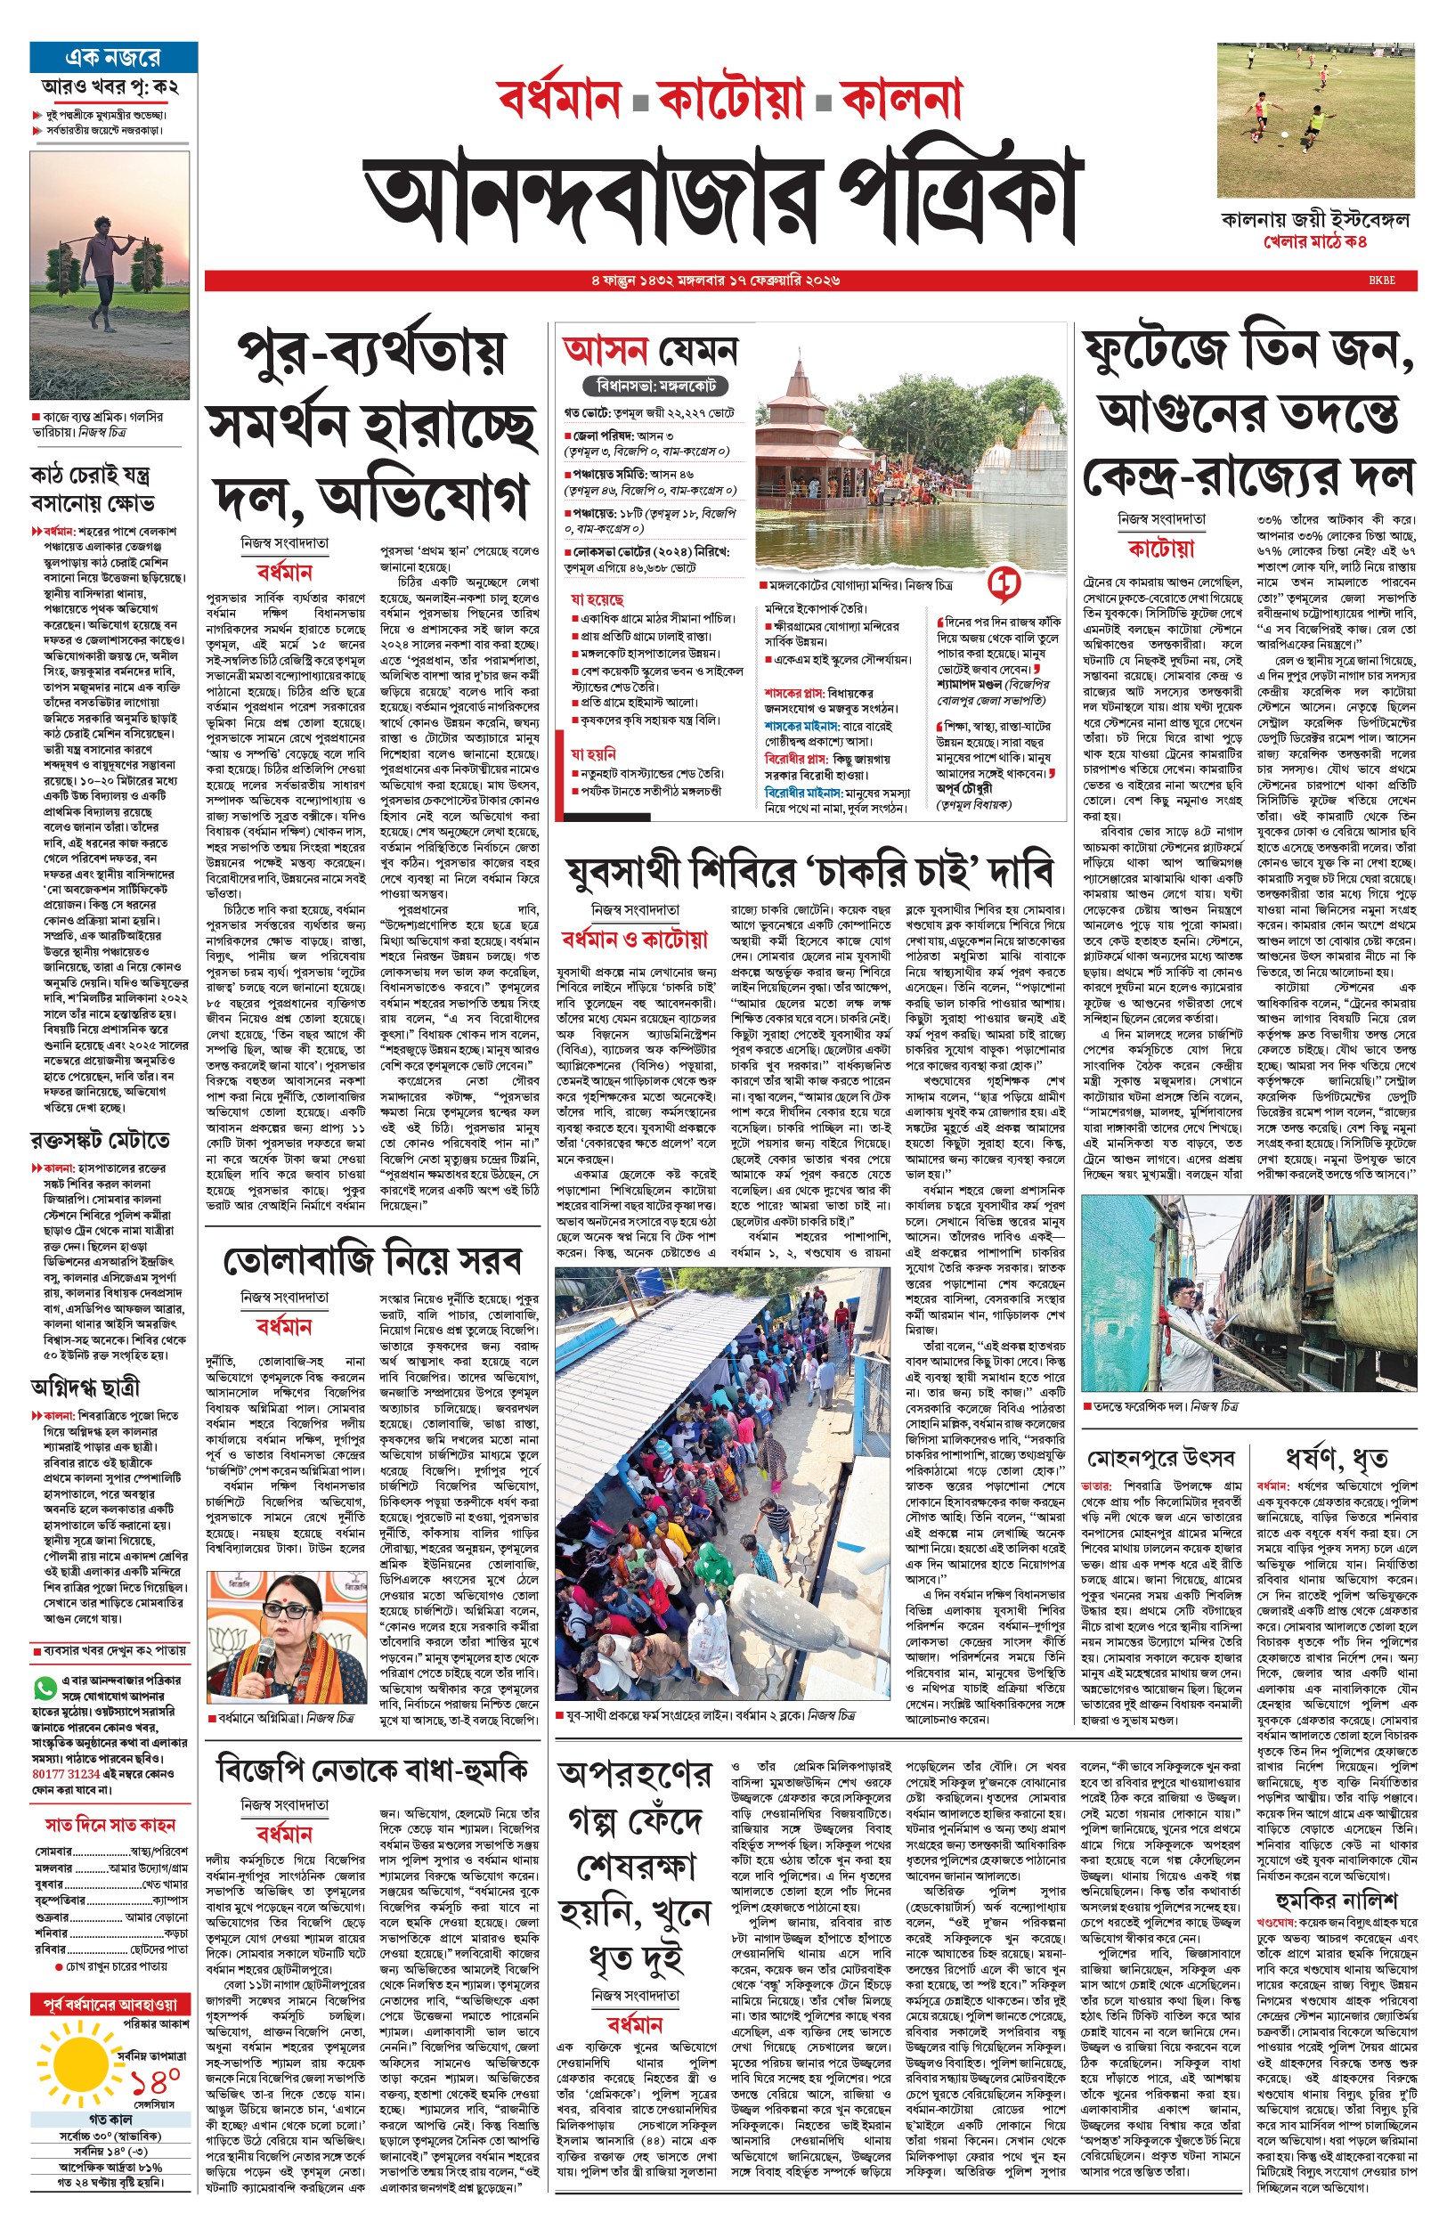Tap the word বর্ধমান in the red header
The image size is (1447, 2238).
click(x=559, y=98)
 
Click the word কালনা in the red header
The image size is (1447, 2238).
click(x=902, y=98)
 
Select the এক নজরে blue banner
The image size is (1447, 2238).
click(x=114, y=57)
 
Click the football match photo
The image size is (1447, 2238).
click(x=1315, y=119)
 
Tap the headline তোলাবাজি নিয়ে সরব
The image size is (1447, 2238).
click(x=372, y=1260)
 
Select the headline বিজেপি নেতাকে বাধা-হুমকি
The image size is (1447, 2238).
click(x=372, y=1770)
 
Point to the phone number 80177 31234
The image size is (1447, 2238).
click(x=66, y=1773)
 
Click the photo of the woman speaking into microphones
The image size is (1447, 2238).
click(x=287, y=1636)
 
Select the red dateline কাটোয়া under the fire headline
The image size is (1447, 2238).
click(x=1160, y=549)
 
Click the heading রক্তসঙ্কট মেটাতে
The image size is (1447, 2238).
click(x=101, y=1141)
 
